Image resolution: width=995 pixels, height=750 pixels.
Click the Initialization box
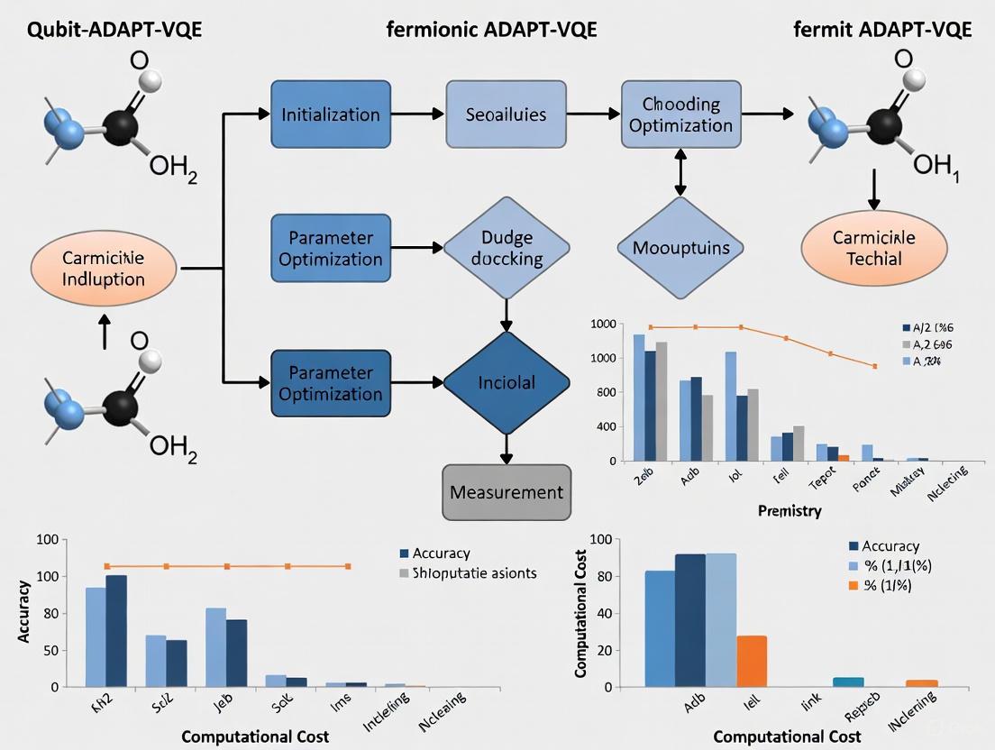331,114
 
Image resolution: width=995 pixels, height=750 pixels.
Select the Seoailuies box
507,114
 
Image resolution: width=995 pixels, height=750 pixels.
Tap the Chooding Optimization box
680,114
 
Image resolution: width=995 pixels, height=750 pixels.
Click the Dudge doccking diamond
507,248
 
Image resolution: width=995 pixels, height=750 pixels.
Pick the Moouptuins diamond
680,248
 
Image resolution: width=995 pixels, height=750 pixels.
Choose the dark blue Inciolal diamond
507,383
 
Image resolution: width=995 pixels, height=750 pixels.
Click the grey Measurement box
507,492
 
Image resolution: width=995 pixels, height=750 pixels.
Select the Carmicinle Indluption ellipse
104,269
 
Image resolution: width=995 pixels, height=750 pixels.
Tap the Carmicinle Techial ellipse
873,248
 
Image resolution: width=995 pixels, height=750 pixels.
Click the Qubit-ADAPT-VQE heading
102,30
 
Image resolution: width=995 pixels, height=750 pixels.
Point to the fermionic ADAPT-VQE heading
491,30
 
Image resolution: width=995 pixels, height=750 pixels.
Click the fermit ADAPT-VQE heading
882,30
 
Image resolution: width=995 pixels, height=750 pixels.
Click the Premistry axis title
790,511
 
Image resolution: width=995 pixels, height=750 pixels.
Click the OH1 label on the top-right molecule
936,166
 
